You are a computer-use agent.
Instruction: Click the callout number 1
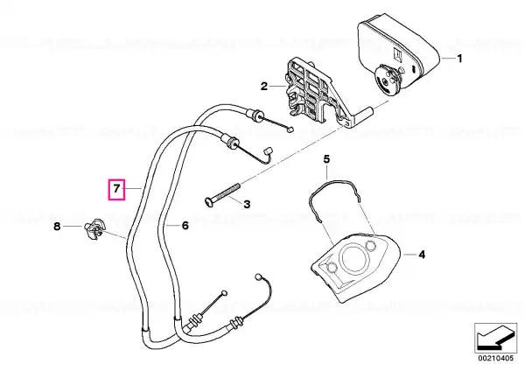[459, 59]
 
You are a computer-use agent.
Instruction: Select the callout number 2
[264, 87]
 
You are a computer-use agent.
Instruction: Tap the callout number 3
[247, 204]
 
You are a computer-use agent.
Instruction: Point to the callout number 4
[422, 255]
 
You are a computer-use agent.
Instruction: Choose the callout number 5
[326, 158]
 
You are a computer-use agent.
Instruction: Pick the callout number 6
[185, 226]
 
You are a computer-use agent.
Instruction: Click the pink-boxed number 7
[116, 189]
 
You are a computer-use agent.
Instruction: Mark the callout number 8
[57, 227]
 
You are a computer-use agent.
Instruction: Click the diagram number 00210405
[495, 358]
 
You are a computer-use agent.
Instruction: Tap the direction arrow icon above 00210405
[495, 338]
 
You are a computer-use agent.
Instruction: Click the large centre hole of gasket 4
[353, 257]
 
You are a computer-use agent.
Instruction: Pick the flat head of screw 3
[208, 201]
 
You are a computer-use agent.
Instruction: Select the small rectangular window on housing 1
[398, 55]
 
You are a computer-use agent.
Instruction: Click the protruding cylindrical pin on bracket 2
[363, 115]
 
